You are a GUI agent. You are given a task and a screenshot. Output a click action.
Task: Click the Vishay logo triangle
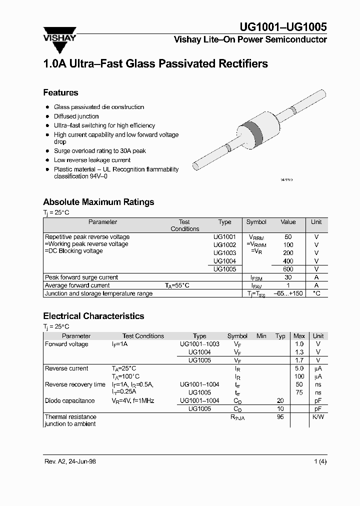[x=60, y=43]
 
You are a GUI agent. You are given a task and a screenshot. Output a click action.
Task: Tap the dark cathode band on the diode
[x=256, y=131]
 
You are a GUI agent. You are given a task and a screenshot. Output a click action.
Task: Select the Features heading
[x=60, y=92]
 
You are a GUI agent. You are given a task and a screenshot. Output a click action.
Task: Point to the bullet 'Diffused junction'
[x=76, y=116]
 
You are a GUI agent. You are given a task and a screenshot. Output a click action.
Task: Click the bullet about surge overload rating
[x=100, y=150]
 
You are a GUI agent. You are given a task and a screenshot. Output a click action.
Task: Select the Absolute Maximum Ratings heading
[x=98, y=202]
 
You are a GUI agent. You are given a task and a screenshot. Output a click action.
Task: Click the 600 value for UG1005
[x=288, y=269]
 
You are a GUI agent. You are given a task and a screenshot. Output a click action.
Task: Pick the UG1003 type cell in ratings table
[x=224, y=253]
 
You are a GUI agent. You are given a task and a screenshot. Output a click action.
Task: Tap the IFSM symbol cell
[x=256, y=277]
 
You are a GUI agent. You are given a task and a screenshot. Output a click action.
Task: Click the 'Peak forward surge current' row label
[x=81, y=277]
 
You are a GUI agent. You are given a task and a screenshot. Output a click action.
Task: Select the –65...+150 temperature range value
[x=288, y=293]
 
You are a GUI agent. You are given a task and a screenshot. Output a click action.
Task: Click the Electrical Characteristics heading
[x=93, y=316]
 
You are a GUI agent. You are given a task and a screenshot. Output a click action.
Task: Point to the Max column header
[x=299, y=336]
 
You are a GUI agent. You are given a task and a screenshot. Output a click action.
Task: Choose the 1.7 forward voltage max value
[x=299, y=360]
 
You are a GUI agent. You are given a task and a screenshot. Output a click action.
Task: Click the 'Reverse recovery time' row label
[x=75, y=384]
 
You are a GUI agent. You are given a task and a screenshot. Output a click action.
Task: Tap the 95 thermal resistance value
[x=280, y=416]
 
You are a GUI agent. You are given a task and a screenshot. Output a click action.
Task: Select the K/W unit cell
[x=318, y=416]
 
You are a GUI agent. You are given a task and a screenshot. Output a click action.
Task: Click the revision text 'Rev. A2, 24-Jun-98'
[x=69, y=461]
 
